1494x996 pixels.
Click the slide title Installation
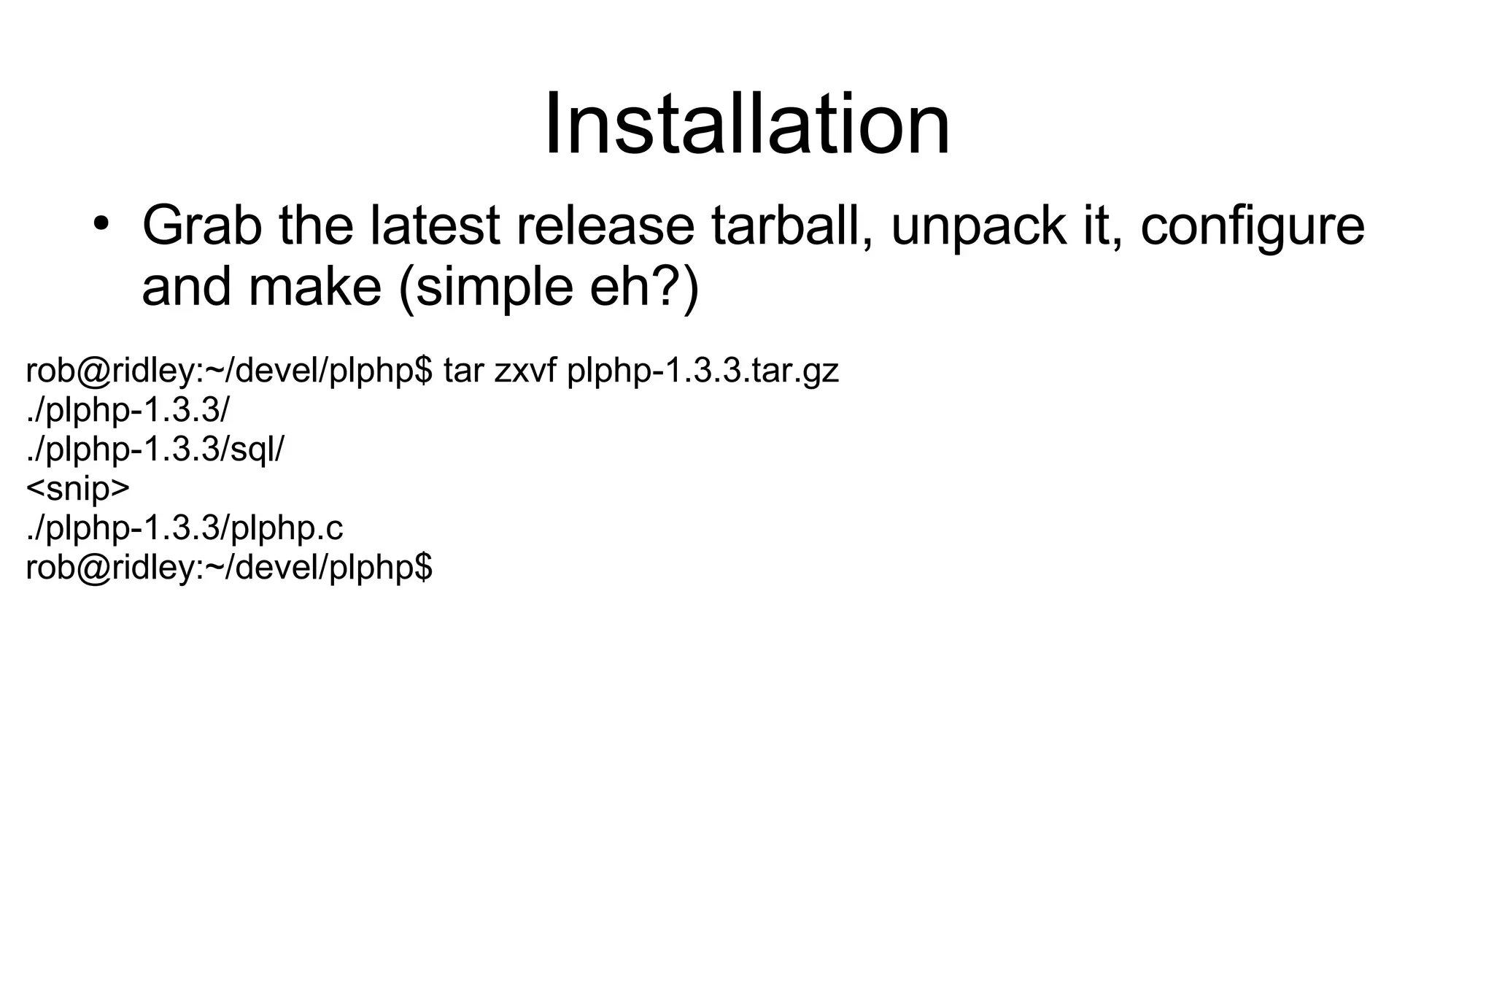[x=747, y=124]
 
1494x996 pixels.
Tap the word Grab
[x=201, y=225]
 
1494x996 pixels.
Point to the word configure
[x=1252, y=227]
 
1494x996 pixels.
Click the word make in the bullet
[x=314, y=287]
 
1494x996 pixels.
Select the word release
[x=605, y=225]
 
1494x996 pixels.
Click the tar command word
[x=463, y=371]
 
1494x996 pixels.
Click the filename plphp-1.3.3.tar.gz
[x=703, y=371]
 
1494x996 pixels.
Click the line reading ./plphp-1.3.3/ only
[x=127, y=411]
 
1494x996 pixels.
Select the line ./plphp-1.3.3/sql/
[x=155, y=450]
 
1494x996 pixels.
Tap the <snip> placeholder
[x=77, y=489]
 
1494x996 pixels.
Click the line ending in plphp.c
[x=184, y=528]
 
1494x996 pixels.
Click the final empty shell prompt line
[x=228, y=568]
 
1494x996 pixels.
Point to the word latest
[x=435, y=225]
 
